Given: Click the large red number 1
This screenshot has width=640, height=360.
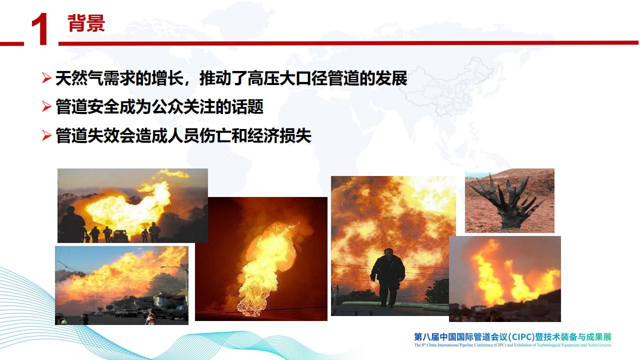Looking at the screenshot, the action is pos(39,29).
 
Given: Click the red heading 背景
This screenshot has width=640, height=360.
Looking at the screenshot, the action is pos(86,23).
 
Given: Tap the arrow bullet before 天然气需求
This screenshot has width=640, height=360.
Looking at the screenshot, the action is pos(46,77).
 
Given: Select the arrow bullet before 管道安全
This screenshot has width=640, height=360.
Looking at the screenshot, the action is pos(46,106).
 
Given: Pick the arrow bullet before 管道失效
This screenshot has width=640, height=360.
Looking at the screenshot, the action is pos(46,135).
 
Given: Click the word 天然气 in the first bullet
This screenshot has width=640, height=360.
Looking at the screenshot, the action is pos(79,78).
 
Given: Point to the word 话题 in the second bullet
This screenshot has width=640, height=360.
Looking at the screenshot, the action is pos(247,107).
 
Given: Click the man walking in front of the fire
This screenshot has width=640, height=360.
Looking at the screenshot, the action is pos(387,277).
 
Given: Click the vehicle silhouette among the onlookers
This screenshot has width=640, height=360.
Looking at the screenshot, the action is pos(120,236).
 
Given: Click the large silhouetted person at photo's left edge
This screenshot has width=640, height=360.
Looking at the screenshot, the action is pos(71,224).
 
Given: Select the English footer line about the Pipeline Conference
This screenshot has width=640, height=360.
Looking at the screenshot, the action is pos(512,345).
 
